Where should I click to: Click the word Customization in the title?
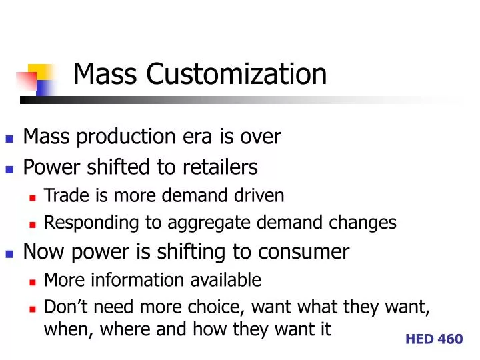(x=237, y=74)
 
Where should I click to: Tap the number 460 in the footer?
(x=450, y=339)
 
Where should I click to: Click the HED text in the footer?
(x=419, y=339)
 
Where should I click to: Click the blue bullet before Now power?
(x=9, y=253)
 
